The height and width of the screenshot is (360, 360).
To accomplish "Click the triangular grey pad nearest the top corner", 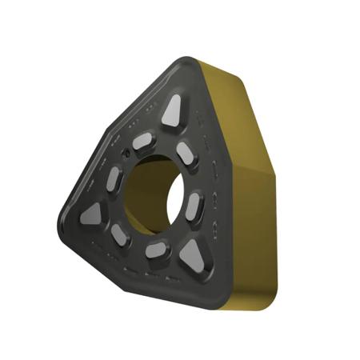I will tap(172, 112).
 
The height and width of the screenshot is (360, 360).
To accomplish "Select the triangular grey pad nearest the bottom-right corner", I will tap(192, 255).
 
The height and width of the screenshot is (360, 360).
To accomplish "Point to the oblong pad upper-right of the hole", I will tap(186, 154).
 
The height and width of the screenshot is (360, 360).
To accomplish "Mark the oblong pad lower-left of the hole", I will tap(120, 234).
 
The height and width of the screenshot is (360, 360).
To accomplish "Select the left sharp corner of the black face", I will tap(62, 218).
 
